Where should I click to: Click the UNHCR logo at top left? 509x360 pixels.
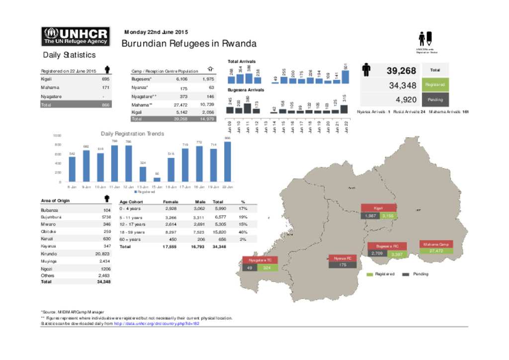pyautogui.click(x=76, y=36)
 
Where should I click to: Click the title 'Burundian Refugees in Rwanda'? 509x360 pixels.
pyautogui.click(x=189, y=44)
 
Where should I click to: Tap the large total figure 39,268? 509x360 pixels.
pyautogui.click(x=401, y=71)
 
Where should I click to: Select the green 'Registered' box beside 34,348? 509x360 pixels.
pyautogui.click(x=435, y=86)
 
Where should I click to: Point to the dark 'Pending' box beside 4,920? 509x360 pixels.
pyautogui.click(x=435, y=99)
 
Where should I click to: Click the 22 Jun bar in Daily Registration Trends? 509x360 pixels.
pyautogui.click(x=227, y=162)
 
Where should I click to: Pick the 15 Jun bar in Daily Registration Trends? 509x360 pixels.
pyautogui.click(x=157, y=179)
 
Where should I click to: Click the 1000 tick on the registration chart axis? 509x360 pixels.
pyautogui.click(x=57, y=135)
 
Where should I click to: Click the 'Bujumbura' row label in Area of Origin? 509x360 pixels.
pyautogui.click(x=51, y=217)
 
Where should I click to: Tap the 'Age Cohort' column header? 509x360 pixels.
pyautogui.click(x=132, y=202)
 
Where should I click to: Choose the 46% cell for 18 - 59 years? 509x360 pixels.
pyautogui.click(x=243, y=232)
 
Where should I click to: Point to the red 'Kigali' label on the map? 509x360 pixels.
pyautogui.click(x=378, y=208)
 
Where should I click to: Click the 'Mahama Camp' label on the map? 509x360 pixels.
pyautogui.click(x=436, y=245)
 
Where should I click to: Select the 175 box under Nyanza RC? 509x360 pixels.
pyautogui.click(x=342, y=266)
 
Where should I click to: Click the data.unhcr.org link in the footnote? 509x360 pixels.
pyautogui.click(x=157, y=323)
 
